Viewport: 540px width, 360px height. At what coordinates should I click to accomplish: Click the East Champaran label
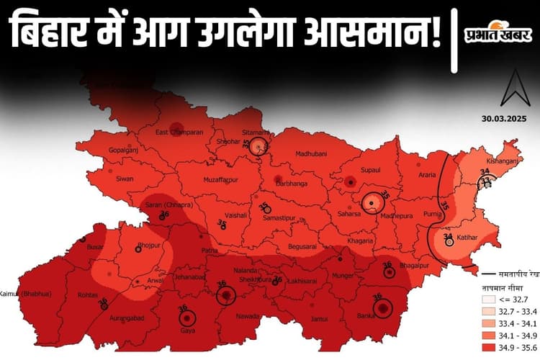click(x=180, y=132)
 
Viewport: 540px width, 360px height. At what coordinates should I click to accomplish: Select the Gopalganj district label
click(x=122, y=150)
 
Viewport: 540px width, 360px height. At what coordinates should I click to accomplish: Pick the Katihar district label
click(x=469, y=237)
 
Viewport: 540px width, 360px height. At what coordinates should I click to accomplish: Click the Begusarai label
click(x=302, y=246)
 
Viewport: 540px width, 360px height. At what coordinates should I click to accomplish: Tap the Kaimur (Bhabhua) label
click(x=22, y=294)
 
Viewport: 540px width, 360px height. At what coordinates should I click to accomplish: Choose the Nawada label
click(x=247, y=315)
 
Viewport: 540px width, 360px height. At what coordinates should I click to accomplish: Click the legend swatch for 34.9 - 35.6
click(x=489, y=346)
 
